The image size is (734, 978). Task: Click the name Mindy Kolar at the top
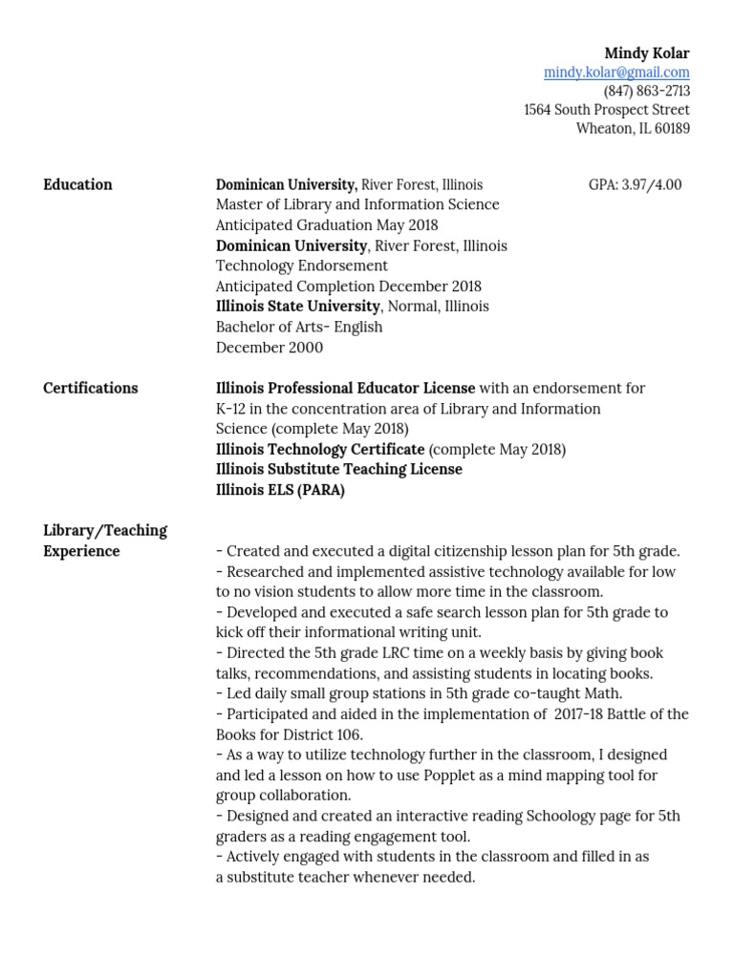click(646, 53)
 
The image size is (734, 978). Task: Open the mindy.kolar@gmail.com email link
click(616, 73)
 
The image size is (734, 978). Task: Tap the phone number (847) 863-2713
click(646, 92)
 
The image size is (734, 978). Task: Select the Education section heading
click(77, 184)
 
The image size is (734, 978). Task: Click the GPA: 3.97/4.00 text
click(635, 184)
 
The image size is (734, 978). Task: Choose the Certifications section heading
click(91, 388)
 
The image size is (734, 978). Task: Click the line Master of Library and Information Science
click(357, 204)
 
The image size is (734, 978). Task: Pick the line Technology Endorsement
click(302, 266)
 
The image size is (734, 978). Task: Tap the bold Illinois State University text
click(297, 307)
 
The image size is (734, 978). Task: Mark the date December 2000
click(269, 348)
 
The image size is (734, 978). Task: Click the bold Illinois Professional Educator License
click(345, 388)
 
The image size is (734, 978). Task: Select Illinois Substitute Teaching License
click(338, 469)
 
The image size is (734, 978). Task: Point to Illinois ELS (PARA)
click(280, 490)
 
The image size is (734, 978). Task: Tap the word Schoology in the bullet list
click(540, 816)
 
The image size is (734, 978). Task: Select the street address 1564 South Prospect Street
click(606, 110)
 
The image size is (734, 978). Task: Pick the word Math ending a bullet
click(603, 693)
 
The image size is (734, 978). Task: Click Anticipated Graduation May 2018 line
click(327, 225)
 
